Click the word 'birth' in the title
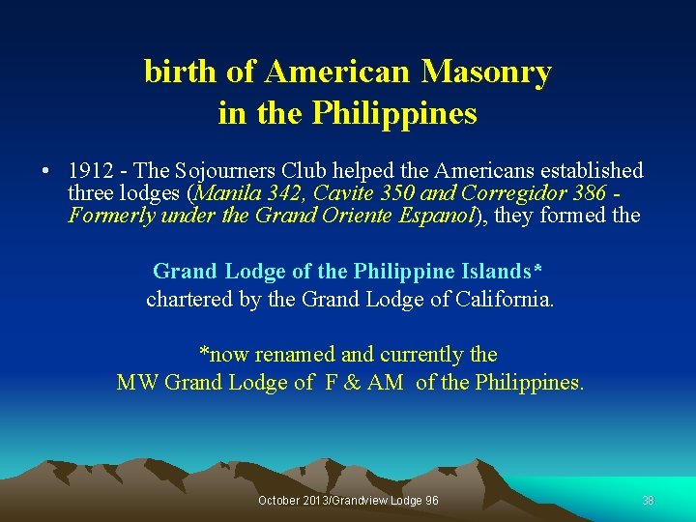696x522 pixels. (174, 72)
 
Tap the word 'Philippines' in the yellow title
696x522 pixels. (394, 114)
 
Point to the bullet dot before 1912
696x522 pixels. (45, 171)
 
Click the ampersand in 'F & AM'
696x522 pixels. (351, 383)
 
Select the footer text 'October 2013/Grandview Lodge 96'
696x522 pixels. (348, 501)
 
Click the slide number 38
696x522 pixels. (649, 501)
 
